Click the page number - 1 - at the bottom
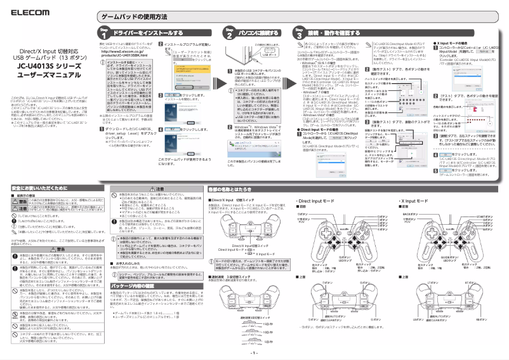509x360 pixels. (x=254, y=352)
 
